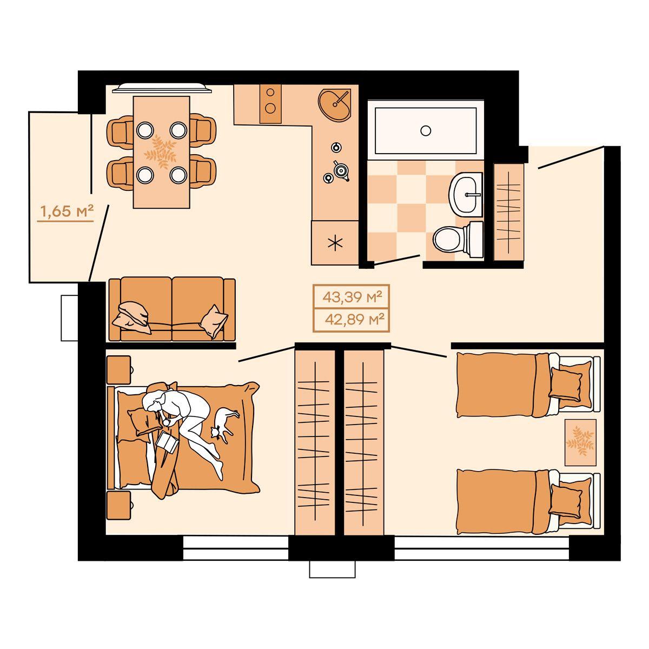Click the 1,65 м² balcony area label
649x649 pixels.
(x=67, y=211)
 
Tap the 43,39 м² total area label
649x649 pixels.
(x=352, y=297)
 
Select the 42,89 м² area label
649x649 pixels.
(x=355, y=319)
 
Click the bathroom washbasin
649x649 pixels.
(x=466, y=194)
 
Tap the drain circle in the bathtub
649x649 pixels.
(x=426, y=130)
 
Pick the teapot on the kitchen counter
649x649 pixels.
(x=341, y=171)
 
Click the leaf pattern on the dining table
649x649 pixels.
(x=160, y=153)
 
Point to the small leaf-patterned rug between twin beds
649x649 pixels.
(x=580, y=442)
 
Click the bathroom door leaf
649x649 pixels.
(x=397, y=260)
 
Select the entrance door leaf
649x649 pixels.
(x=571, y=157)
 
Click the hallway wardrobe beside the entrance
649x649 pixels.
(x=508, y=212)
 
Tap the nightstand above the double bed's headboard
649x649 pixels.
(x=118, y=370)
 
